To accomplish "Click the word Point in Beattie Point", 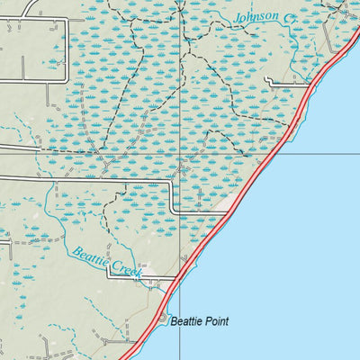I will click(216, 321).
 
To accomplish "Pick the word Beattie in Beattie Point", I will click(185, 321).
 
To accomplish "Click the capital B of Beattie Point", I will click(174, 321).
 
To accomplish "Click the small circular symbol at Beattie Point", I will click(163, 318).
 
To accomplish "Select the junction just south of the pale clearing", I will click(226, 213).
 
